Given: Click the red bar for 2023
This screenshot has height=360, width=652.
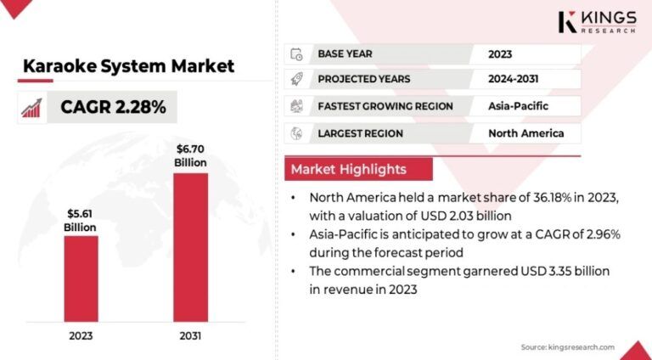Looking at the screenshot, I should click(81, 278).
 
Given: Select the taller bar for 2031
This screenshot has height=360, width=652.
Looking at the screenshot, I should click(190, 247).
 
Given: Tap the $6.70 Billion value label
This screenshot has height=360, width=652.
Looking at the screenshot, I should click(190, 155).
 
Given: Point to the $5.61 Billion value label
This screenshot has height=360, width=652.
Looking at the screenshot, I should click(81, 220).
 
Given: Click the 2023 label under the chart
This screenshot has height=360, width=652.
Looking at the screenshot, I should click(81, 335).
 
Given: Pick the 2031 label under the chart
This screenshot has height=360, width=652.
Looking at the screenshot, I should click(190, 335).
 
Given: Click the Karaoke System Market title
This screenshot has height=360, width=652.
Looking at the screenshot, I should click(128, 66).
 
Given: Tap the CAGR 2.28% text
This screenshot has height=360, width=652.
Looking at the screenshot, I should click(113, 107).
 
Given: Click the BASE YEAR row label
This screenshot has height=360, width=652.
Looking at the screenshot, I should click(346, 54).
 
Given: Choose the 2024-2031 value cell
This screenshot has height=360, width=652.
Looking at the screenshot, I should click(513, 79).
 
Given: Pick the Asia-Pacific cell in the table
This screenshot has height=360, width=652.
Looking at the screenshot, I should click(518, 106).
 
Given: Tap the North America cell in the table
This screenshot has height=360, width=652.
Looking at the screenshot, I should click(526, 133).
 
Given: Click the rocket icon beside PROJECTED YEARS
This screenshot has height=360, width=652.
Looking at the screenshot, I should click(296, 80).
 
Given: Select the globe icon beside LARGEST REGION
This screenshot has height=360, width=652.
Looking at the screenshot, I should click(296, 133).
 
